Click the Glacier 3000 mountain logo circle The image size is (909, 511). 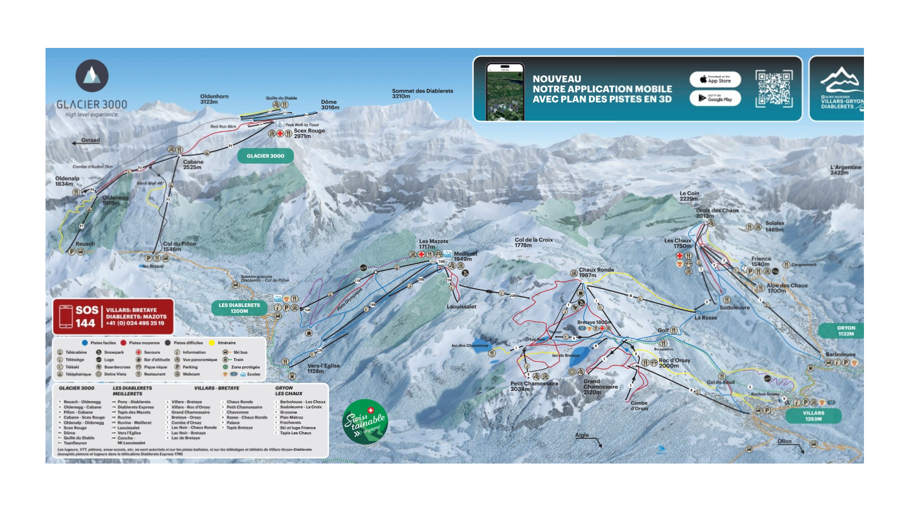pyautogui.click(x=92, y=76)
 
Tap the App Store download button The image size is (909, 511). pyautogui.click(x=715, y=80)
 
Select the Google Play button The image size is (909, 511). pyautogui.click(x=715, y=98)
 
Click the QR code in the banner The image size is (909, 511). pyautogui.click(x=773, y=89)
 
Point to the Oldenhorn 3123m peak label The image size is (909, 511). pyautogui.click(x=214, y=99)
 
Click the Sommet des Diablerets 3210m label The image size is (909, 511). pyautogui.click(x=422, y=93)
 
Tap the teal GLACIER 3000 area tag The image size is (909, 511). pyautogui.click(x=265, y=156)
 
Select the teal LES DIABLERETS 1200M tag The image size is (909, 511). pyautogui.click(x=239, y=308)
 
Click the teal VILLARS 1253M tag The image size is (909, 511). pyautogui.click(x=813, y=416)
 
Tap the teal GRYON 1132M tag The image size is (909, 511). pyautogui.click(x=845, y=331)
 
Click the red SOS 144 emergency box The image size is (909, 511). pyautogui.click(x=113, y=316)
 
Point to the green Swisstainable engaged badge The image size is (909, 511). pyautogui.click(x=365, y=422)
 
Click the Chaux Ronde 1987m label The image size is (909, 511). pyautogui.click(x=596, y=272)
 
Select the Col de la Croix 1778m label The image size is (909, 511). pyautogui.click(x=533, y=242)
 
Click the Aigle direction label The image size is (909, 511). pyautogui.click(x=582, y=435)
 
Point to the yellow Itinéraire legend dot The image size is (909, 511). pyautogui.click(x=211, y=343)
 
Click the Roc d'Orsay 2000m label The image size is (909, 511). pyautogui.click(x=674, y=363)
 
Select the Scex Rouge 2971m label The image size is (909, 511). pyautogui.click(x=309, y=133)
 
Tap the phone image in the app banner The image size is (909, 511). pyautogui.click(x=505, y=92)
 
